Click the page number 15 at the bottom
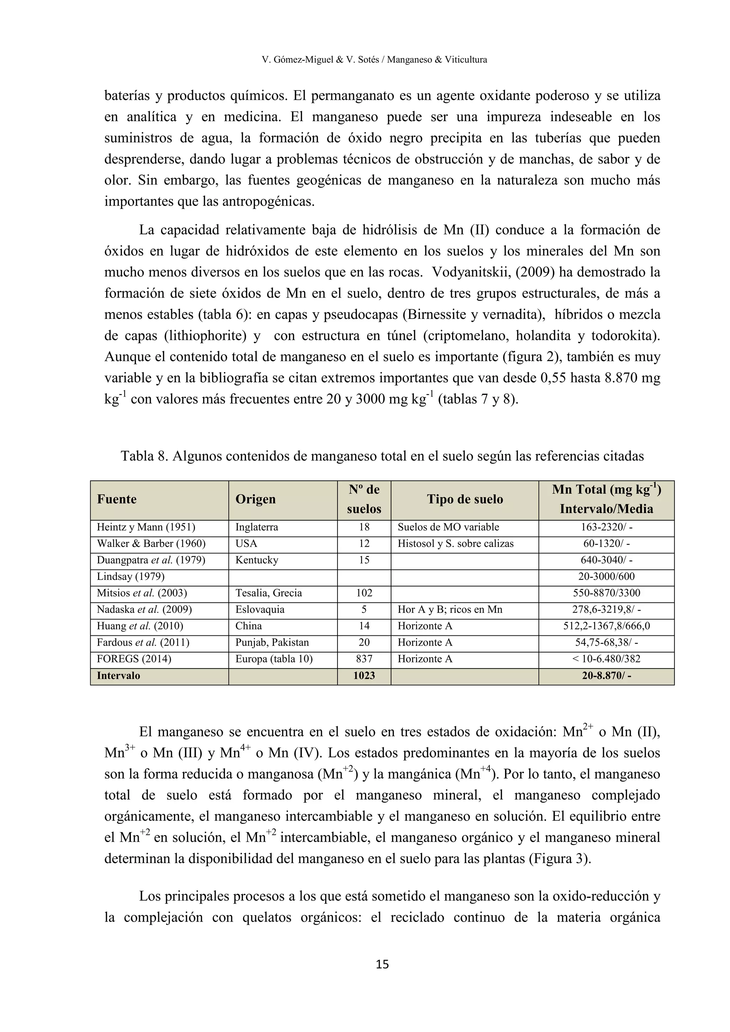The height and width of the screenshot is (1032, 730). [x=382, y=964]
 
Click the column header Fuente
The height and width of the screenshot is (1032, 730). [x=117, y=499]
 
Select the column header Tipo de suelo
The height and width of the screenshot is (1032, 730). [x=465, y=499]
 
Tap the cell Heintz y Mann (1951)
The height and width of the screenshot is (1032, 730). [x=146, y=527]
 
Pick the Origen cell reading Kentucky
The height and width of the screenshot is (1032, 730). [x=257, y=560]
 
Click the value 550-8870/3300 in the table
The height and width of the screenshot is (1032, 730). [x=606, y=593]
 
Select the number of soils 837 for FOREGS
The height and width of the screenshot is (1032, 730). [x=364, y=659]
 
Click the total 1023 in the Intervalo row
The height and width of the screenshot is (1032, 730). [x=364, y=676]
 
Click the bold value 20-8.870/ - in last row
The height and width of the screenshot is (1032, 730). [x=606, y=676]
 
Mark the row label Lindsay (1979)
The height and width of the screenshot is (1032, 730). [x=131, y=577]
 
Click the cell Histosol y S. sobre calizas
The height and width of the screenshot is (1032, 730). [x=455, y=544]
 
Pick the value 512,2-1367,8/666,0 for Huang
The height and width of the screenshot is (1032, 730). [x=606, y=626]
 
